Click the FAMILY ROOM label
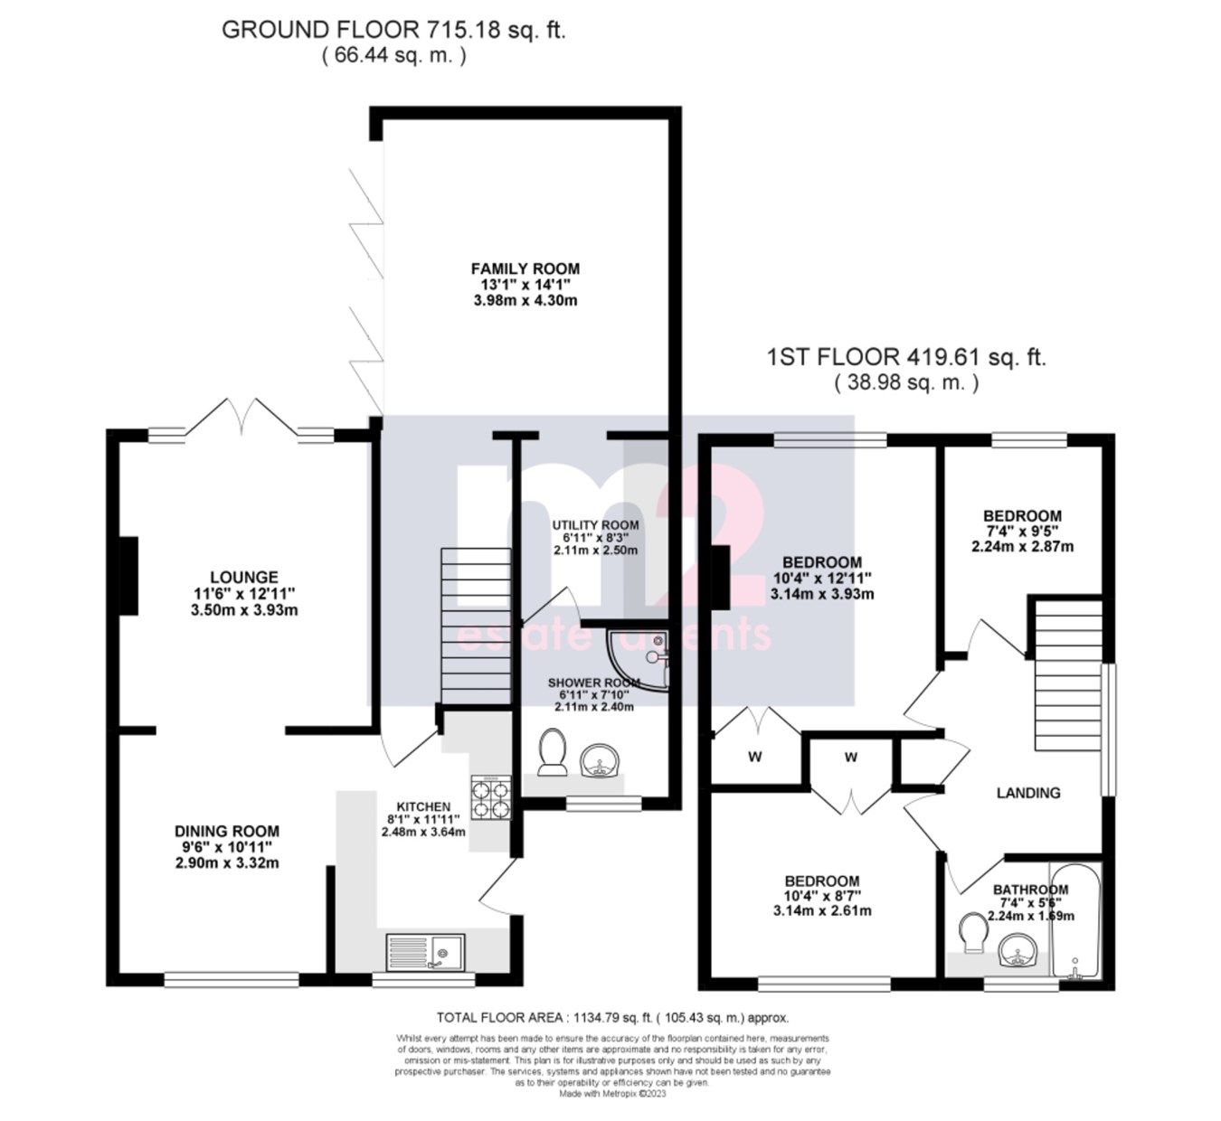(525, 268)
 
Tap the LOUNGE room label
(243, 578)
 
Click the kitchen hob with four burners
(490, 797)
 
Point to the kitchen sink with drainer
(425, 952)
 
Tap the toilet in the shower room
(552, 752)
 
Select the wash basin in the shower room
(598, 759)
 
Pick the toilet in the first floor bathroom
(972, 935)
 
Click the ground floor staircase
(475, 624)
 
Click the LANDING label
(1028, 793)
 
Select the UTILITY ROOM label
(595, 525)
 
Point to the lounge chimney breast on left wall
(128, 576)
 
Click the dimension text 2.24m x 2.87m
(1022, 547)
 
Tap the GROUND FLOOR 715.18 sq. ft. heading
(393, 30)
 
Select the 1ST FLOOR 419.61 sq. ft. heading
(905, 357)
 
